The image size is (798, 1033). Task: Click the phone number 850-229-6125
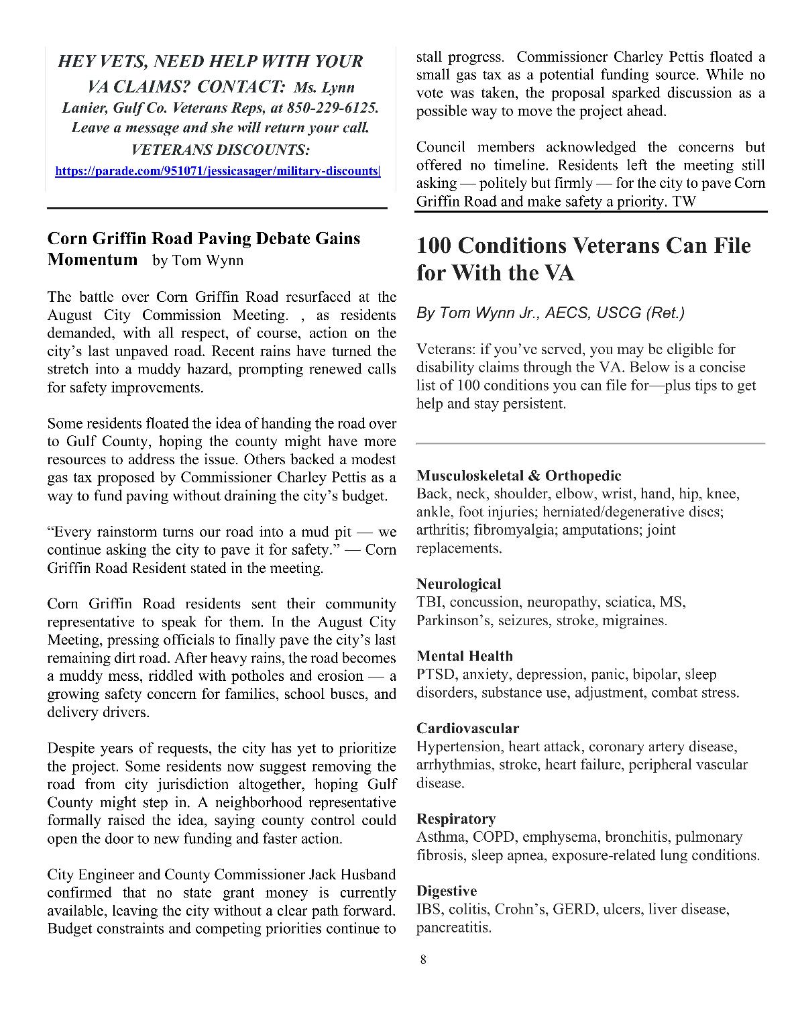pos(333,108)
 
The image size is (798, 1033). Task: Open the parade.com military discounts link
pos(217,171)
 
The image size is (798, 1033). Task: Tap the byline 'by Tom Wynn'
pos(198,260)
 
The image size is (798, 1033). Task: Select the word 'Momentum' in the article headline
pos(93,260)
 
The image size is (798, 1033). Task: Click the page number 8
pos(422,959)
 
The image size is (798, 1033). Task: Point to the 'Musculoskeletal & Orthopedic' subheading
pos(518,476)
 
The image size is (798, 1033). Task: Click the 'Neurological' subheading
pos(459,584)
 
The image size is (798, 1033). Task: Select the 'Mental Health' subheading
pos(464,656)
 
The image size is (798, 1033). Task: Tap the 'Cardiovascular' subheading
pos(467,728)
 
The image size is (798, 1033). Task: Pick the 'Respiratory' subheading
pos(456,819)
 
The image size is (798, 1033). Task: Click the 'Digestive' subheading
pos(447,891)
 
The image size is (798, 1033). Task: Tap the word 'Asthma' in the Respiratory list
pos(441,837)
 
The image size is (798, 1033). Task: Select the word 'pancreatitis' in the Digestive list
pos(453,928)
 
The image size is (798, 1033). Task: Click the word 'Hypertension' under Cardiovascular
pos(459,747)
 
